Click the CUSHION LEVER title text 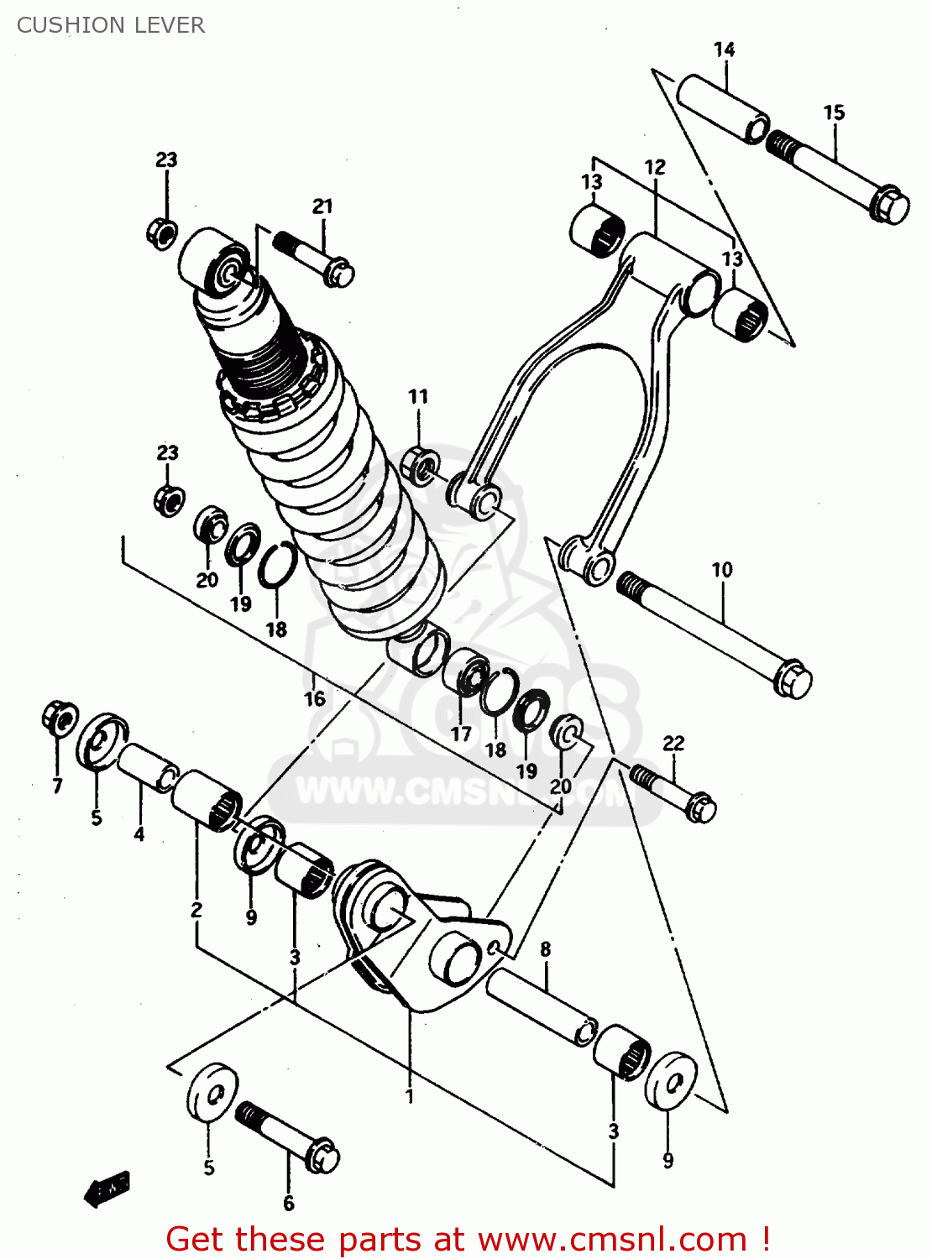tap(110, 25)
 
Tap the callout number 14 tap(724, 50)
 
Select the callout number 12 tap(655, 167)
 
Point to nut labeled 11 tap(420, 464)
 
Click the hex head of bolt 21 tap(339, 273)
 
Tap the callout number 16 tap(314, 698)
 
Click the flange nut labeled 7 tap(58, 718)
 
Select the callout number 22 tap(673, 743)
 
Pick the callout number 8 tap(546, 949)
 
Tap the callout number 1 tap(410, 1096)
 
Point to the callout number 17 tap(461, 734)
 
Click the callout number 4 tap(139, 833)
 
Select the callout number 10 tap(722, 570)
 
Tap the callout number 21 tap(322, 206)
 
